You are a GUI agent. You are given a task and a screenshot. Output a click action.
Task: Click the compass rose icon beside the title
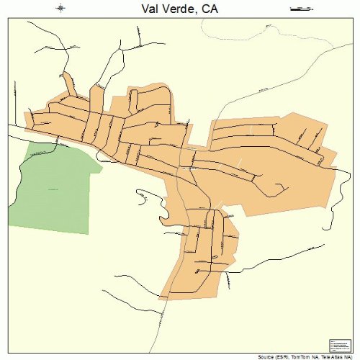60,9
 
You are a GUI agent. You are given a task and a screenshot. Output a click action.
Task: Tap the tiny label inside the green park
53,189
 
